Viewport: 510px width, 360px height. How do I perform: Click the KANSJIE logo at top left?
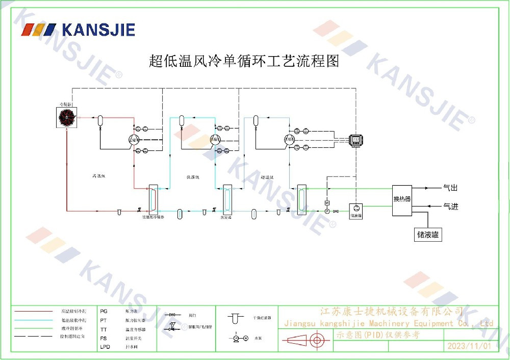point(78,29)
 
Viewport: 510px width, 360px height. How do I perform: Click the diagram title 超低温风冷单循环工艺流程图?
point(244,61)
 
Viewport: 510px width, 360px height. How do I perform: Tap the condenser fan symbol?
point(67,118)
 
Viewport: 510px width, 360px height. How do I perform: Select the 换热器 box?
point(402,199)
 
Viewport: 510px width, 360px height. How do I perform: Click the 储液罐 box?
point(428,235)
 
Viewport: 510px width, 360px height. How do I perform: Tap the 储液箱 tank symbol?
point(355,209)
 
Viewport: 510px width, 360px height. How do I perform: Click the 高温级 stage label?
point(98,176)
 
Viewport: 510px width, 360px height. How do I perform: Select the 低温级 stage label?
point(192,177)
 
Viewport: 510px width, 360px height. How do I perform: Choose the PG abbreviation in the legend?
point(104,311)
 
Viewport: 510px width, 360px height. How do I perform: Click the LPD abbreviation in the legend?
point(105,347)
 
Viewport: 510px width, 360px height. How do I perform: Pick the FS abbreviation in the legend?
point(104,338)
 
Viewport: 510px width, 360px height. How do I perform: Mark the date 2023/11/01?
point(469,346)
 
